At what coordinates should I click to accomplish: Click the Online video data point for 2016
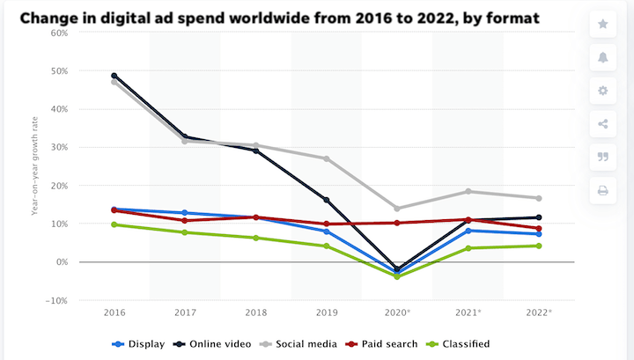[114, 76]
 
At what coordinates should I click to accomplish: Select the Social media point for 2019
[326, 158]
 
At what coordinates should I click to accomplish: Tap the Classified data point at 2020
[397, 276]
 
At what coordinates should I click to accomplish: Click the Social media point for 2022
[538, 198]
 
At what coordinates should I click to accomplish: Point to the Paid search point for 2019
[326, 224]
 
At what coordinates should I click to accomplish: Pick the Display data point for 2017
[185, 213]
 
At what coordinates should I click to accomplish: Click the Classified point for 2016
[114, 224]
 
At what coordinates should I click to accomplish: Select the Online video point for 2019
[326, 200]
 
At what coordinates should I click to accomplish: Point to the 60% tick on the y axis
[58, 33]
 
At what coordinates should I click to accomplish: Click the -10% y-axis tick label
[56, 300]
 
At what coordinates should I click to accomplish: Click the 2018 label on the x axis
[255, 312]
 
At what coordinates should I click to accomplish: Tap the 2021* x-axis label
[468, 312]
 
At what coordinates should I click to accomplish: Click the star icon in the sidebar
[603, 24]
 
